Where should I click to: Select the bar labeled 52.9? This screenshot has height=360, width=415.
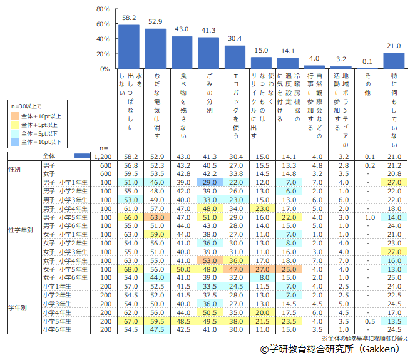pos(156,48)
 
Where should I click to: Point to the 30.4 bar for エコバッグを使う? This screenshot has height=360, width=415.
pos(235,56)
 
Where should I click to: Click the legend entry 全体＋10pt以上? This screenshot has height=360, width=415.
pos(41,116)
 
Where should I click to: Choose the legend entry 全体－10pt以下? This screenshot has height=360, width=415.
pos(41,142)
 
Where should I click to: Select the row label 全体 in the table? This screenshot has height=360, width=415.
pos(49,156)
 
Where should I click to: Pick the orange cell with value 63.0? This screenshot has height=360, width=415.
pos(156,216)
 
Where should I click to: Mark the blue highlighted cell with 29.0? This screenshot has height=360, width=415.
pos(209,182)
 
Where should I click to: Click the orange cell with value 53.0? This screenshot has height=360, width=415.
pos(209,260)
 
